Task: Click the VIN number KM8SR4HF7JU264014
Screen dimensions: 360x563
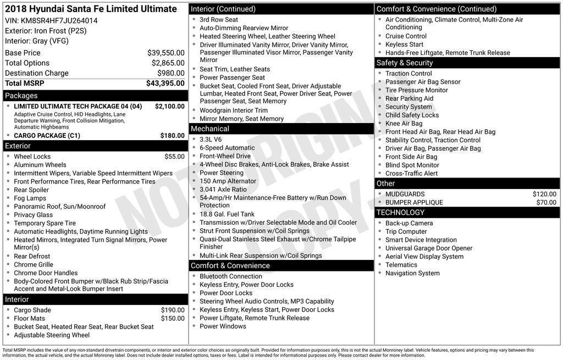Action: point(59,21)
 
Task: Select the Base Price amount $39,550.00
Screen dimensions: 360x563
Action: point(165,53)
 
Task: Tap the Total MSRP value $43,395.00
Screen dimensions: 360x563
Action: point(165,83)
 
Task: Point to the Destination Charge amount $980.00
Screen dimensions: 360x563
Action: point(170,73)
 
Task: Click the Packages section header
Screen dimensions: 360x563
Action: point(21,96)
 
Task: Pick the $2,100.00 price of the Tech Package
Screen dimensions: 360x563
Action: point(169,106)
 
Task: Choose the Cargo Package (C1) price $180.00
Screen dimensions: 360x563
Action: point(172,136)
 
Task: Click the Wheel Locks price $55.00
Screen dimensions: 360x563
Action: point(174,157)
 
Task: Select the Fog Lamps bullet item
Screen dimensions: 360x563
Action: point(30,198)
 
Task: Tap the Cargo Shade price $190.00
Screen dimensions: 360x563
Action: point(173,310)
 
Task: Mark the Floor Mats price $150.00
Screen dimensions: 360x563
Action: point(173,318)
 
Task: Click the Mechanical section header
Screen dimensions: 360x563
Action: point(210,129)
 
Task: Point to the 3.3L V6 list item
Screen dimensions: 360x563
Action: point(211,140)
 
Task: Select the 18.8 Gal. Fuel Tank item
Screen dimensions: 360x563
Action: point(227,214)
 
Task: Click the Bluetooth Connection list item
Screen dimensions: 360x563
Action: point(231,276)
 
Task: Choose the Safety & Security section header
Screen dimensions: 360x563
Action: point(405,63)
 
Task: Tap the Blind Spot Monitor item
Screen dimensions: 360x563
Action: point(412,165)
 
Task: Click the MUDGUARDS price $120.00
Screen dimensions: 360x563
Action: point(544,194)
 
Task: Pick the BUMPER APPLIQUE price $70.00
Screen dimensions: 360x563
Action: point(546,202)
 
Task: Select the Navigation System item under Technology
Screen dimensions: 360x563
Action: point(412,273)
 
